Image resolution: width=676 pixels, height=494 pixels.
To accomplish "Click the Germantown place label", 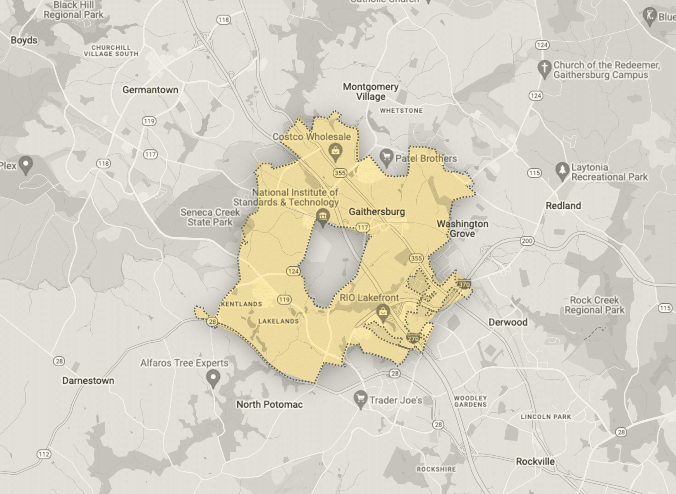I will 150,90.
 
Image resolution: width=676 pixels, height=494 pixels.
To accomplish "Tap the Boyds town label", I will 24,40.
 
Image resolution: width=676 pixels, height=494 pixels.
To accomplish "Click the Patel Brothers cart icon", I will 386,158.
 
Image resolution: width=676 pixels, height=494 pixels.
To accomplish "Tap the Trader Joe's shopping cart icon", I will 360,400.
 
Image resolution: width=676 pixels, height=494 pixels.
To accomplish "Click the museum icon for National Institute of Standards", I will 323,216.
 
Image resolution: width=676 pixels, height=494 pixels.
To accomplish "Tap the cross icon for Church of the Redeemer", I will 545,68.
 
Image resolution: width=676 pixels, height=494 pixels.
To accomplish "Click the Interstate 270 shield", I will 413,339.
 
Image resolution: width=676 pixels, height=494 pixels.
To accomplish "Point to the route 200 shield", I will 527,240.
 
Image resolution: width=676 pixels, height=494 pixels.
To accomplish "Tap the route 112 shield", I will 44,454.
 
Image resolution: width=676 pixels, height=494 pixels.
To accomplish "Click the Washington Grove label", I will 463,229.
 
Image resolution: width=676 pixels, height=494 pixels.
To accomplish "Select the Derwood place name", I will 508,322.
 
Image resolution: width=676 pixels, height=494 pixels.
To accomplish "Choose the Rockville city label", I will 535,461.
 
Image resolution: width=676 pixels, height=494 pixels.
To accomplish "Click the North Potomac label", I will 269,404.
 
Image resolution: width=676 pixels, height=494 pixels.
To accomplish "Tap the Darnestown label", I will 88,381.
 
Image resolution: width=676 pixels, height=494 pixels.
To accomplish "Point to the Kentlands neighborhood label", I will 242,304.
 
